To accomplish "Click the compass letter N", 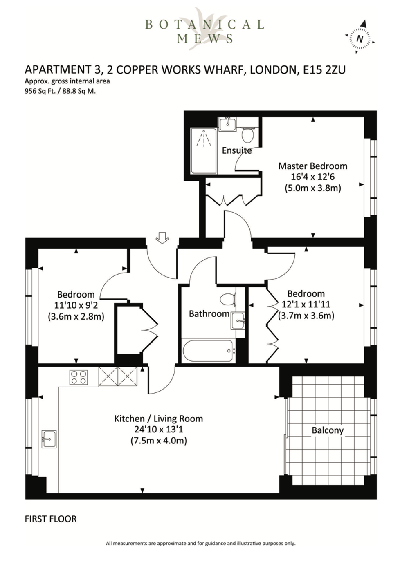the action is pyautogui.click(x=360, y=39).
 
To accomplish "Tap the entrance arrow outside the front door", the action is pyautogui.click(x=162, y=237).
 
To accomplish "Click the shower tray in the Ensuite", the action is pyautogui.click(x=204, y=151).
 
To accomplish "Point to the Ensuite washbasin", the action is pyautogui.click(x=227, y=124).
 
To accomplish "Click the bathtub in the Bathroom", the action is pyautogui.click(x=208, y=351).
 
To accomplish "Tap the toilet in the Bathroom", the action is pyautogui.click(x=228, y=299).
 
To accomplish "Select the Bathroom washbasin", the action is pyautogui.click(x=238, y=321).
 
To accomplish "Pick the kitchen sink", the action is pyautogui.click(x=49, y=439).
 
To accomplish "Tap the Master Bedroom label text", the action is pyautogui.click(x=313, y=166).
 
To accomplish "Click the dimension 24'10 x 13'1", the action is pyautogui.click(x=159, y=430).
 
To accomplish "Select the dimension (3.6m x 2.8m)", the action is pyautogui.click(x=76, y=317).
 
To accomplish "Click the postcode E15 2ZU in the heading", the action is pyautogui.click(x=324, y=70).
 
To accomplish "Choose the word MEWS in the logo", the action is pyautogui.click(x=204, y=38).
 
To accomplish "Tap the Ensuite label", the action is pyautogui.click(x=237, y=150).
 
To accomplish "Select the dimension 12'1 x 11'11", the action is pyautogui.click(x=306, y=305).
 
